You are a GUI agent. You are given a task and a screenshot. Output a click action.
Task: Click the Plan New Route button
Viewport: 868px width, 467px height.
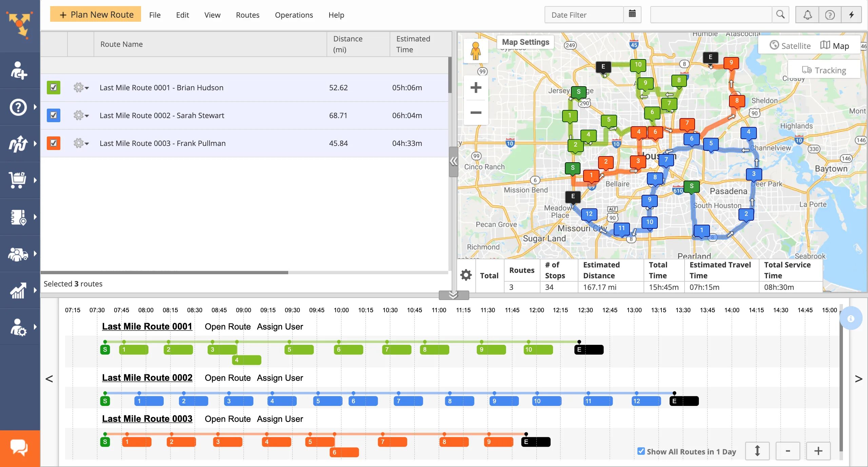[96, 15]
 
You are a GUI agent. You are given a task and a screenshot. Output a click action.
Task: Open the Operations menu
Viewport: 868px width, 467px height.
[294, 15]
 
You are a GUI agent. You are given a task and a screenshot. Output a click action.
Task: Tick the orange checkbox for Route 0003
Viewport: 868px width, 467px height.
[54, 143]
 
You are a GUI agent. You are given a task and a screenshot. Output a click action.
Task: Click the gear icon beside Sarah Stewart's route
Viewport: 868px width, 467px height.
[80, 115]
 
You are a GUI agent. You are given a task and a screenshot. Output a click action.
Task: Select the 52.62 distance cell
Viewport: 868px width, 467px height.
[338, 88]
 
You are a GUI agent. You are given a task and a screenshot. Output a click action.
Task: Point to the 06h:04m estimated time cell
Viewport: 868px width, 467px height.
[407, 115]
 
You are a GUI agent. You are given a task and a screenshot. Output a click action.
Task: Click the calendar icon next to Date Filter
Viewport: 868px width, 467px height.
[632, 14]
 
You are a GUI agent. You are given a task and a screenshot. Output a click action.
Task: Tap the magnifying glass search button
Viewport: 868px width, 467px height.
[780, 15]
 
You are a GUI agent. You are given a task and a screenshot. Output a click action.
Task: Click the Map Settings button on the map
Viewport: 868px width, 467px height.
[525, 42]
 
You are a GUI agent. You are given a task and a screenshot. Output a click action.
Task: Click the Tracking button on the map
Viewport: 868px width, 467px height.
[824, 70]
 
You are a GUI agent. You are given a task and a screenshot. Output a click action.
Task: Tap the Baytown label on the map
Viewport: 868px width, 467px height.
[831, 169]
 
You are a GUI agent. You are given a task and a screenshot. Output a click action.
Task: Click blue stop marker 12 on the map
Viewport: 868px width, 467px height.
[589, 214]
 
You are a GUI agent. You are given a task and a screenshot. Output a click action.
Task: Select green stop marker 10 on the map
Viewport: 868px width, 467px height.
[638, 64]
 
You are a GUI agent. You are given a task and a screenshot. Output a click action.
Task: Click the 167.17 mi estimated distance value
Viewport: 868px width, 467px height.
[599, 287]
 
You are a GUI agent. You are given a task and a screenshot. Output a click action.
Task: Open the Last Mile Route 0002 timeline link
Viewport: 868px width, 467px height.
[147, 378]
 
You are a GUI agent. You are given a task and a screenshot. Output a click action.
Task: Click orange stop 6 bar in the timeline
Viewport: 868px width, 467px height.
[344, 452]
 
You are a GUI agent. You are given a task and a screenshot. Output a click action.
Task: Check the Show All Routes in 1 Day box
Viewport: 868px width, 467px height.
[641, 451]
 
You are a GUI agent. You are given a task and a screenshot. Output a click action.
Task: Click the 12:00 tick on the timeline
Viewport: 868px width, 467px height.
[536, 310]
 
